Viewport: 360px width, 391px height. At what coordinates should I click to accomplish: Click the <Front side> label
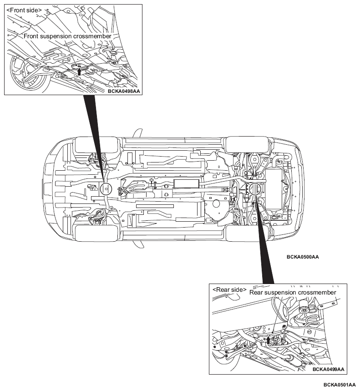[x=24, y=10]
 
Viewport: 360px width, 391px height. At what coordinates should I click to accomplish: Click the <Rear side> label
[x=229, y=289]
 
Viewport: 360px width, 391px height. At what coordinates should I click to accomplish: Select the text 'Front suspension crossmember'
[x=67, y=36]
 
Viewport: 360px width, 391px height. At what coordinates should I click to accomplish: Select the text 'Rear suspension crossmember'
[x=293, y=293]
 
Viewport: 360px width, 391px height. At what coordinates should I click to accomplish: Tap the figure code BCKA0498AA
[x=124, y=91]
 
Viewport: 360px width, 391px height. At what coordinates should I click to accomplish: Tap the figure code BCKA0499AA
[x=328, y=369]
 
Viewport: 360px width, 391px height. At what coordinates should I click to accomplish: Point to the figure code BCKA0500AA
[x=303, y=257]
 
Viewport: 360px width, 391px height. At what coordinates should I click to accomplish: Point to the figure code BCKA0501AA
[x=340, y=385]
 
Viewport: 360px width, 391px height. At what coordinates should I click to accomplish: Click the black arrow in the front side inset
[x=79, y=71]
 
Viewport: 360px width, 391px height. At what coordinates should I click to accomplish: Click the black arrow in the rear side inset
[x=268, y=340]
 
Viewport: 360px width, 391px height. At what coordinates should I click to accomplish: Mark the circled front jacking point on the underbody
[x=106, y=189]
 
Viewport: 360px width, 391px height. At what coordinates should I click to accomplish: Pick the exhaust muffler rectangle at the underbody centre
[x=187, y=184]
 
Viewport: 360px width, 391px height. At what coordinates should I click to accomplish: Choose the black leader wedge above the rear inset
[x=264, y=239]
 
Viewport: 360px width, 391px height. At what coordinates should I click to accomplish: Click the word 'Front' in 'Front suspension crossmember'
[x=31, y=36]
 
